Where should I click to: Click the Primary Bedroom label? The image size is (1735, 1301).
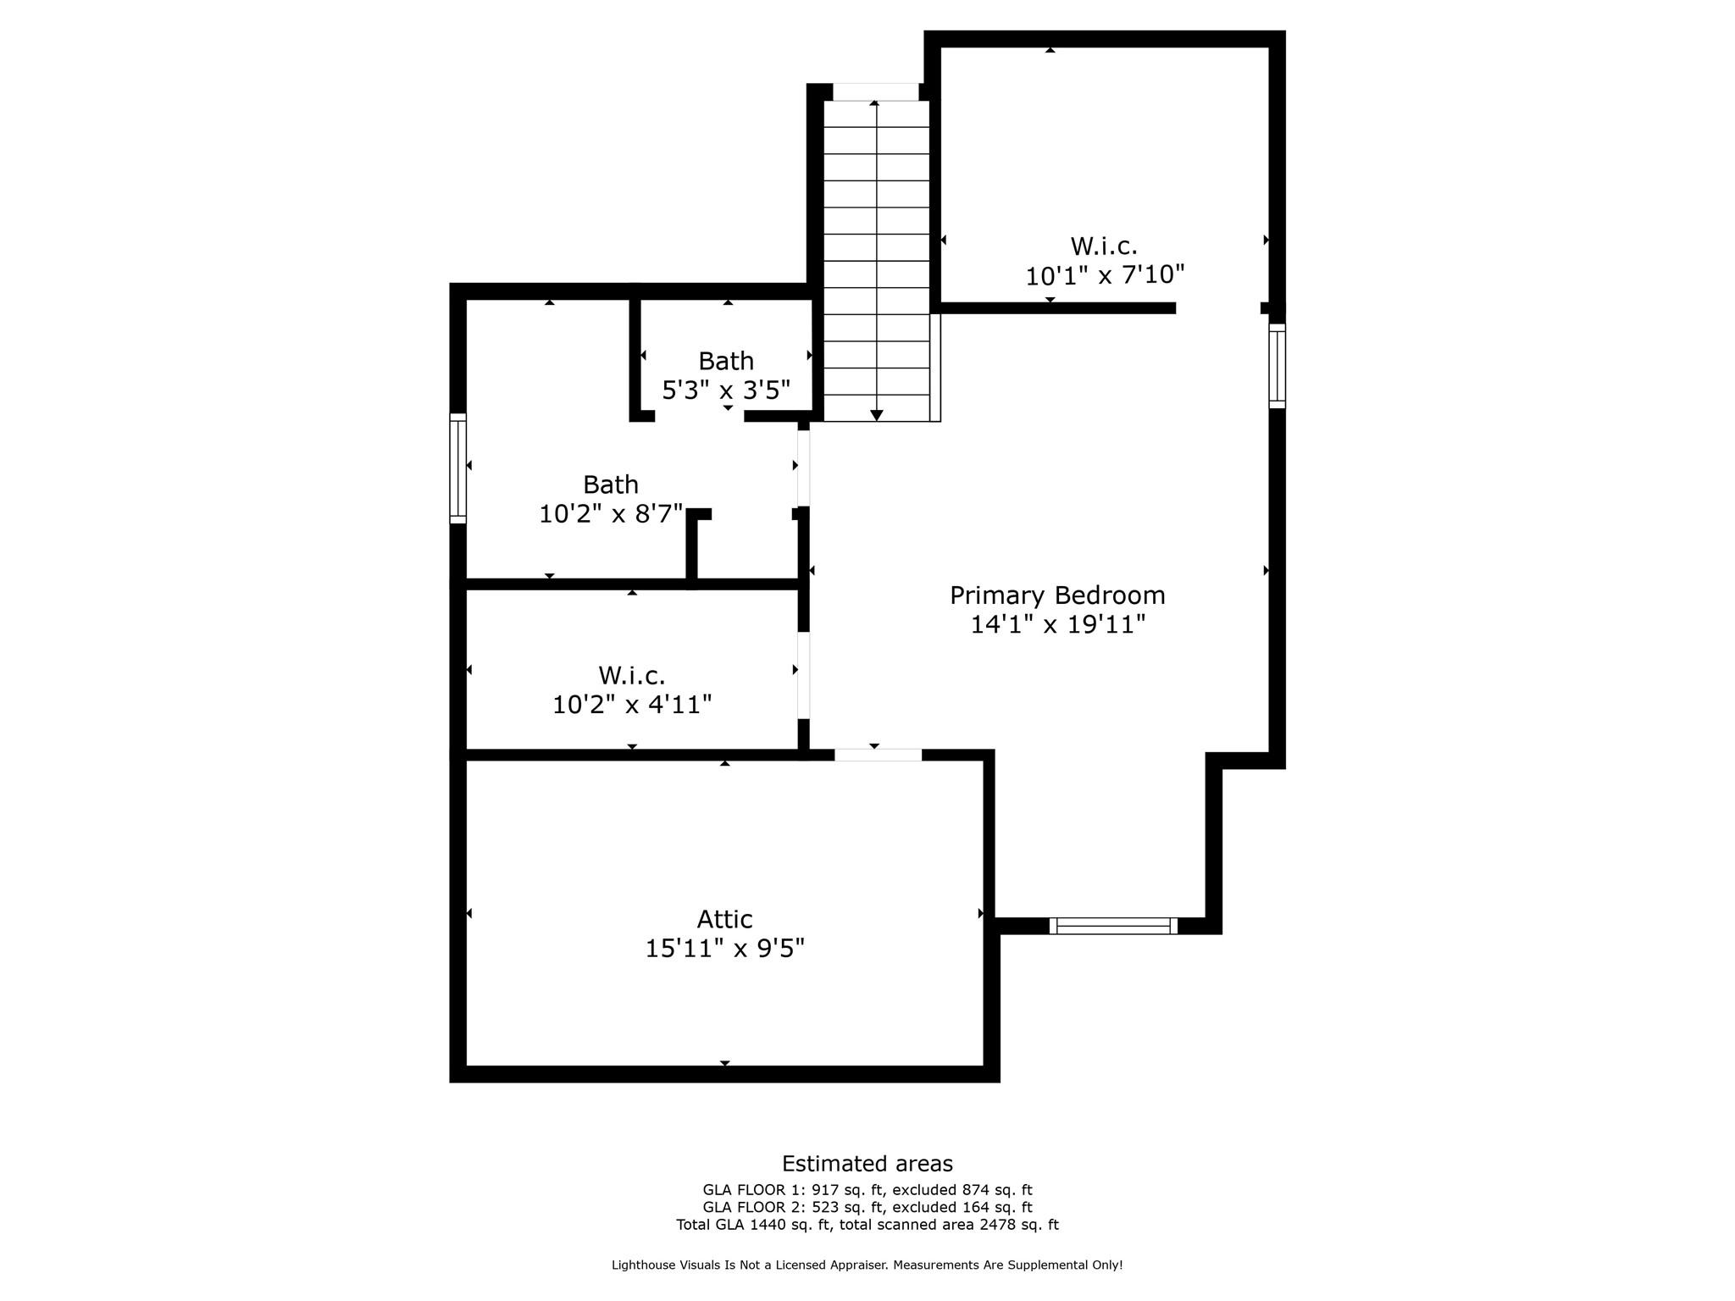click(x=1056, y=595)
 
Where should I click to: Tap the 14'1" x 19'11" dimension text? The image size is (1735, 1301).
click(x=1056, y=625)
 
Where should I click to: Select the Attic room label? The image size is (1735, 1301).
click(x=724, y=919)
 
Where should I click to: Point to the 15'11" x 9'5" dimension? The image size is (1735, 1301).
click(x=724, y=949)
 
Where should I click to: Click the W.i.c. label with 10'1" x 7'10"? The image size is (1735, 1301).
click(x=1103, y=246)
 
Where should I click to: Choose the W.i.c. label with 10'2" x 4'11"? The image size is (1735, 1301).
click(x=631, y=676)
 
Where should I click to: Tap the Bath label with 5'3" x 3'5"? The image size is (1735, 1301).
click(x=725, y=362)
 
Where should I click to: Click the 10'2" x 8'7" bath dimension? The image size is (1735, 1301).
click(x=610, y=513)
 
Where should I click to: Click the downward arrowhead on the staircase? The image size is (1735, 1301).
click(x=876, y=415)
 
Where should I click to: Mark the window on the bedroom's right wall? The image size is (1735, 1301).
click(x=1277, y=366)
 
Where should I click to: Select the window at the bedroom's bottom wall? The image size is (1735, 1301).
click(x=1112, y=926)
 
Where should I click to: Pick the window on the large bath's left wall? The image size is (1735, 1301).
click(x=457, y=468)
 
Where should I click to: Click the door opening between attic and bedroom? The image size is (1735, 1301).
click(x=878, y=755)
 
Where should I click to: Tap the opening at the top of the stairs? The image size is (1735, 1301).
click(x=875, y=91)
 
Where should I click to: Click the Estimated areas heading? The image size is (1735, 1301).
click(x=867, y=1164)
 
